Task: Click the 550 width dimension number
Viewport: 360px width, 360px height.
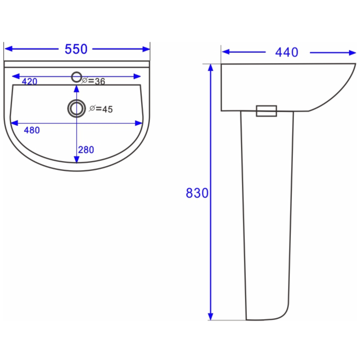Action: [76, 49]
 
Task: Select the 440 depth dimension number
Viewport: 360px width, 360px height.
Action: [287, 52]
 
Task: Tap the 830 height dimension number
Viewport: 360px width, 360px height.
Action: [197, 193]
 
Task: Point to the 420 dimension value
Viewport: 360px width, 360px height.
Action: [29, 82]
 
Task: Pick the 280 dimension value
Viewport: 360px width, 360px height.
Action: [85, 150]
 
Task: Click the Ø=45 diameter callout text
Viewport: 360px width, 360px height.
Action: [101, 109]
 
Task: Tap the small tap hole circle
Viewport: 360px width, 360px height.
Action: [76, 76]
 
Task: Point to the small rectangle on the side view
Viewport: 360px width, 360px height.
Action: [266, 111]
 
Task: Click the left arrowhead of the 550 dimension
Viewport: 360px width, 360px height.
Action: [7, 48]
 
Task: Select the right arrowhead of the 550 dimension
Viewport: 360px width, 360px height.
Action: [147, 48]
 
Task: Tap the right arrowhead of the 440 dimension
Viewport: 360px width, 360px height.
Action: [352, 52]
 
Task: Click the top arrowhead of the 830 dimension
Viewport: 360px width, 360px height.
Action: [210, 67]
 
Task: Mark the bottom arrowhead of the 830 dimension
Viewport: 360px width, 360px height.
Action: [210, 316]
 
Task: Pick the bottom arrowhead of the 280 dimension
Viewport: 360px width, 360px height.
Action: [76, 159]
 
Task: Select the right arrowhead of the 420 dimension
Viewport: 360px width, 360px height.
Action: [138, 76]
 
